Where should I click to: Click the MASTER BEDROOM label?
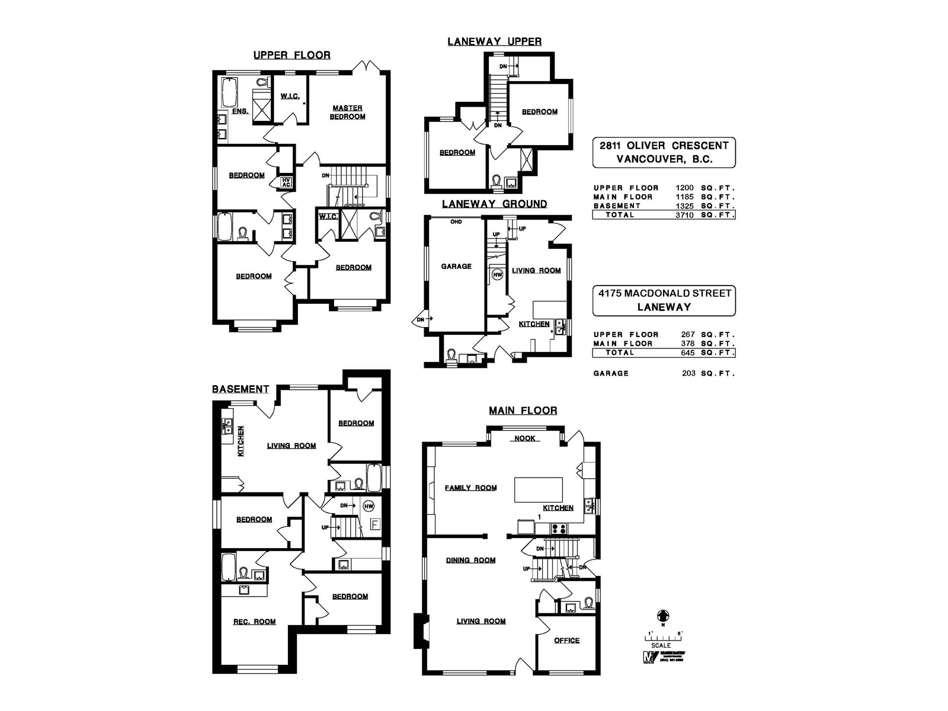click(x=348, y=112)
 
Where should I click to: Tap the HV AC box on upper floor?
click(x=286, y=182)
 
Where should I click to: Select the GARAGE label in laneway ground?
click(x=456, y=267)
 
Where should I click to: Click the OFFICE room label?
click(x=566, y=640)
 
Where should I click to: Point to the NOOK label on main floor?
click(x=524, y=438)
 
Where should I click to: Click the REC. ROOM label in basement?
click(x=255, y=622)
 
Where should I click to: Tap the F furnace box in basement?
click(x=374, y=524)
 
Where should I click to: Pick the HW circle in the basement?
click(x=369, y=506)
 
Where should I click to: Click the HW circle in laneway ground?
click(x=498, y=274)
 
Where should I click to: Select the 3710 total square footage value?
click(x=684, y=215)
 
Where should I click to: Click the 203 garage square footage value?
click(x=688, y=373)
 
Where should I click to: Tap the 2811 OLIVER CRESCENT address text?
click(x=664, y=146)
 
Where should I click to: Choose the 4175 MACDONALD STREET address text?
click(x=664, y=293)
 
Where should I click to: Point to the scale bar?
click(x=663, y=638)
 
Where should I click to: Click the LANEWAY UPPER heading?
click(x=494, y=41)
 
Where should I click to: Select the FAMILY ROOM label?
click(x=471, y=488)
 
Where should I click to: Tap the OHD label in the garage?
click(x=456, y=222)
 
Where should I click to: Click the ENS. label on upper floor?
click(x=240, y=111)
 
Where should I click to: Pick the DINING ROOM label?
click(x=471, y=561)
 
